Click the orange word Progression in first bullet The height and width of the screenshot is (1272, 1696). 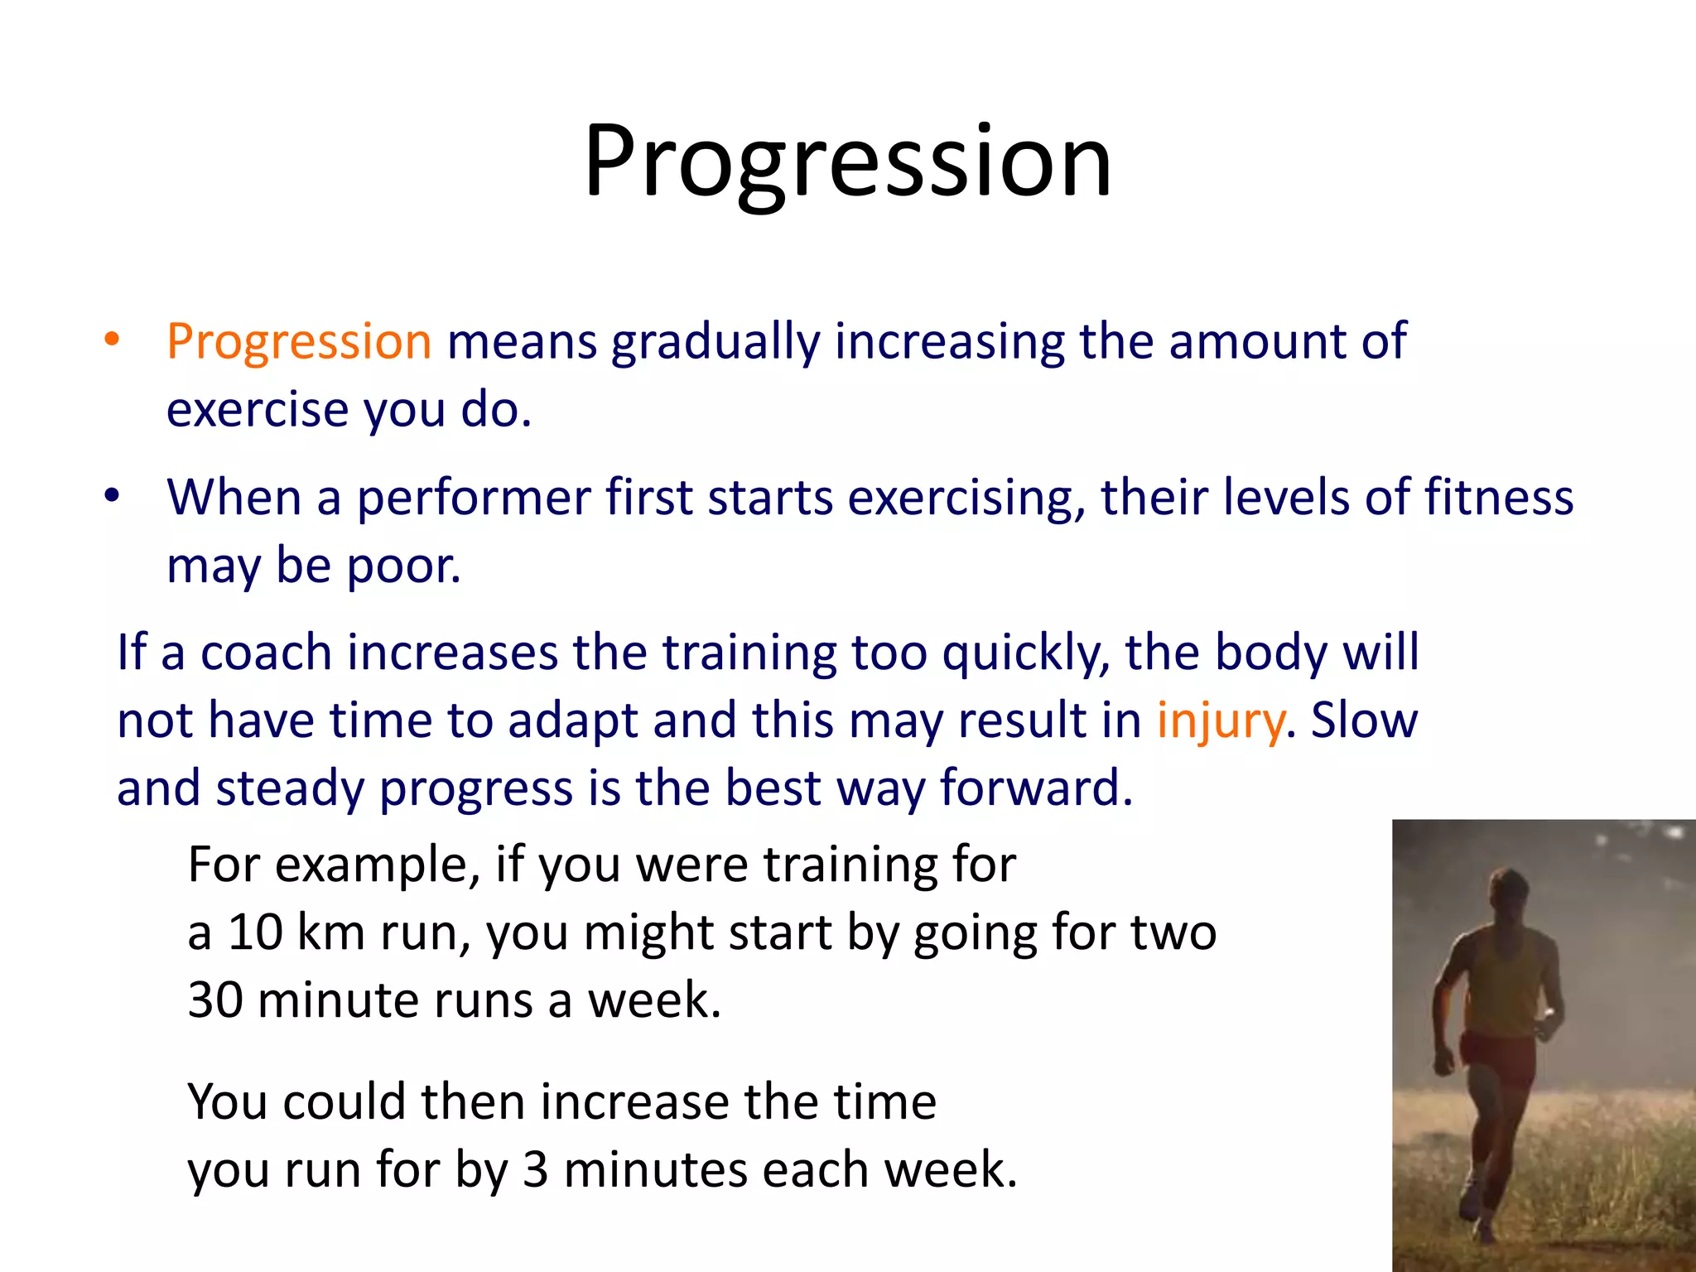(x=299, y=341)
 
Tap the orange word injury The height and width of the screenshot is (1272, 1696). (x=1220, y=720)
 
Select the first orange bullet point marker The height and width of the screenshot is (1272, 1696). (x=113, y=340)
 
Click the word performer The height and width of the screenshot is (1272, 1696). (x=473, y=498)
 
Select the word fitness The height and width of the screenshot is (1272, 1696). (x=1499, y=498)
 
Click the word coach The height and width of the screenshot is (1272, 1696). (x=266, y=653)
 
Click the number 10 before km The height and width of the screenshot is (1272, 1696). (x=255, y=932)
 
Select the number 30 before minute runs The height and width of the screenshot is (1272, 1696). (x=215, y=1000)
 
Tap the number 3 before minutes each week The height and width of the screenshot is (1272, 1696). (x=536, y=1170)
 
